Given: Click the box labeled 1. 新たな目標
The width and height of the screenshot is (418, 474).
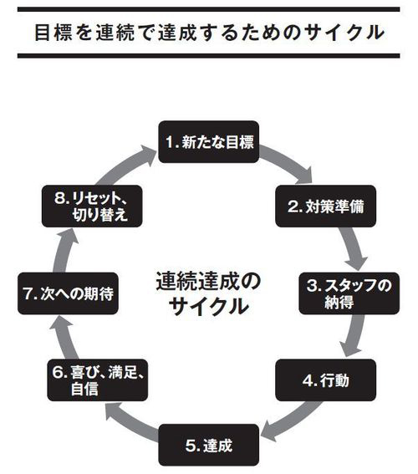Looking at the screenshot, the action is [209, 142].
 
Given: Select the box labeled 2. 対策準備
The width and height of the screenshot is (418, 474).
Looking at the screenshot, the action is [325, 206].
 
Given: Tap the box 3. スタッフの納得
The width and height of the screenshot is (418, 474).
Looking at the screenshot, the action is [349, 293].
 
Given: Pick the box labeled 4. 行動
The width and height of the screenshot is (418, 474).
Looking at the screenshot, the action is [325, 380].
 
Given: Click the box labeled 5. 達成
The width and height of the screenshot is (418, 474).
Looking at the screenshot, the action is [209, 445].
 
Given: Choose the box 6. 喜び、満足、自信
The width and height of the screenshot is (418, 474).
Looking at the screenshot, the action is [97, 380].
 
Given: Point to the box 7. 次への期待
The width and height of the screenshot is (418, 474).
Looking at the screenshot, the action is [68, 293].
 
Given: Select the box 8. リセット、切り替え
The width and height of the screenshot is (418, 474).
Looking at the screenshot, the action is [92, 206].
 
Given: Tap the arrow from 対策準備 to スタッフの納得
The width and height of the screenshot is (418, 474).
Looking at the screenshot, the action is [354, 249].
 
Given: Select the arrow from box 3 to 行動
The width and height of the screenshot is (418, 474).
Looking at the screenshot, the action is [353, 335].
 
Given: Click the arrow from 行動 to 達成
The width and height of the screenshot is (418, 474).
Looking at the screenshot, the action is [292, 421].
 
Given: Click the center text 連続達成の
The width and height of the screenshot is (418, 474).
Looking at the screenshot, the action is [208, 282].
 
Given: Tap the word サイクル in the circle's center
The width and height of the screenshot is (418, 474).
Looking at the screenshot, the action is [208, 306].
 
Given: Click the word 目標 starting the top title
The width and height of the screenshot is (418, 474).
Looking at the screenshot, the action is [54, 33].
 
